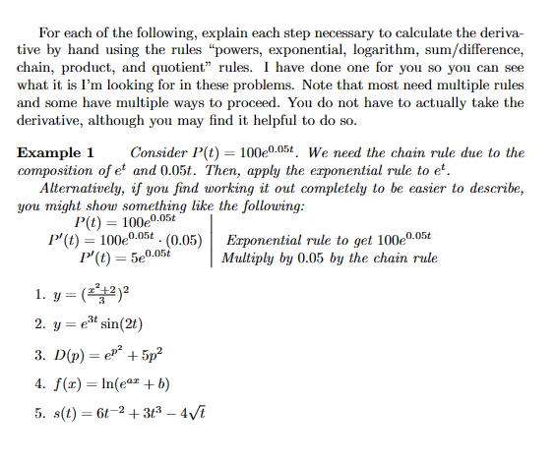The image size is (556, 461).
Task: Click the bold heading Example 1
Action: (55, 153)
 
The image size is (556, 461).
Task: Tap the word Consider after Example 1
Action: (161, 153)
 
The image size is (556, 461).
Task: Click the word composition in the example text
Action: (57, 171)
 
